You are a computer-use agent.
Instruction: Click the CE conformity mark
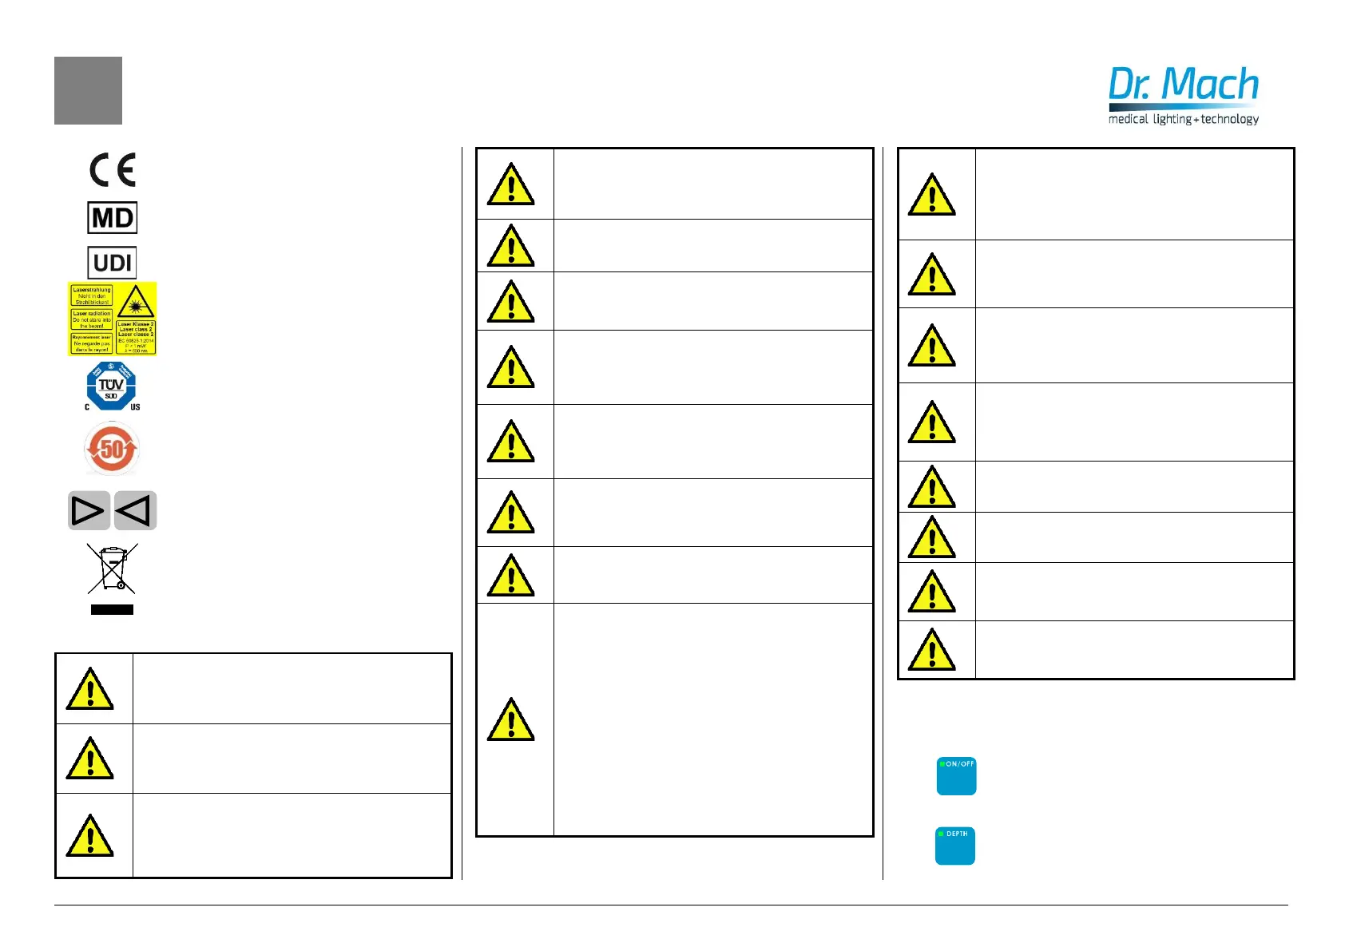click(113, 169)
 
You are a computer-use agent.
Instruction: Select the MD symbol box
click(112, 217)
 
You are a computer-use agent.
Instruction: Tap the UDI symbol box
click(112, 263)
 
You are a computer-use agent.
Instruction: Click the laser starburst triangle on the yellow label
click(135, 303)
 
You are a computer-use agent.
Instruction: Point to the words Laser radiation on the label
click(92, 314)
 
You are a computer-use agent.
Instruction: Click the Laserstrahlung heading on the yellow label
click(92, 290)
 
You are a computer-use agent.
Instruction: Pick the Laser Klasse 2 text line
click(136, 324)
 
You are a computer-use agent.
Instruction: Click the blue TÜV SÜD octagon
click(111, 386)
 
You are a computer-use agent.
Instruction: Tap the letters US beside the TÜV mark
click(135, 407)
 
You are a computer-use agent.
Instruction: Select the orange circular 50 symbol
click(112, 449)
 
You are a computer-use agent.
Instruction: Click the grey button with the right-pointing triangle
click(88, 511)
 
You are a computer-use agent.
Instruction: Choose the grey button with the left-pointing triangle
click(135, 511)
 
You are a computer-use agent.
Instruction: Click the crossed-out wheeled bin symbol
click(112, 569)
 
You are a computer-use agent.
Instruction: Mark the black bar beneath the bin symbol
click(112, 609)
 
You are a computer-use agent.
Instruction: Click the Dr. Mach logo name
click(1183, 85)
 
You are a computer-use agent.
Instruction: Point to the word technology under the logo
click(1230, 119)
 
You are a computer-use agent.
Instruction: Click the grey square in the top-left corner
click(88, 90)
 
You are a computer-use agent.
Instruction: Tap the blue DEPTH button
click(955, 846)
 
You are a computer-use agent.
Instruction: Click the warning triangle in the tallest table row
click(511, 719)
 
